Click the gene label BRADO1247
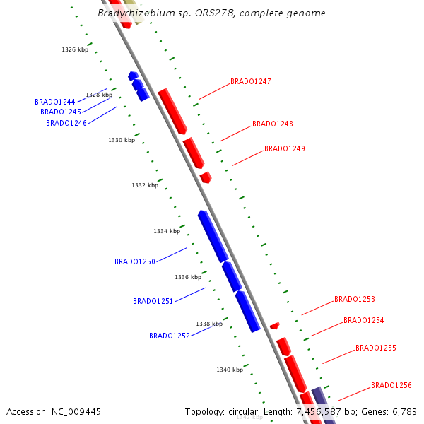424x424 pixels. [250, 81]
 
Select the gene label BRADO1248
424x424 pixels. [272, 124]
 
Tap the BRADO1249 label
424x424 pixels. [284, 148]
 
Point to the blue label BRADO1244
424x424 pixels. [54, 102]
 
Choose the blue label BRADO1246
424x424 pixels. [66, 123]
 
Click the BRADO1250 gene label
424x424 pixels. [134, 261]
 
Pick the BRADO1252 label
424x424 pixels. [169, 336]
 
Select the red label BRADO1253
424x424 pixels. [354, 299]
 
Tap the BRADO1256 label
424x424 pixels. [391, 385]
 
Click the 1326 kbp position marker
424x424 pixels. [75, 49]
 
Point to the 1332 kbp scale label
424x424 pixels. [144, 185]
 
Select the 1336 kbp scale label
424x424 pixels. [188, 277]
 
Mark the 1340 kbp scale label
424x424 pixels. [230, 370]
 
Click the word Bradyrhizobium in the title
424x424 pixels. [131, 13]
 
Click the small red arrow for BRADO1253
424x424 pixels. [274, 326]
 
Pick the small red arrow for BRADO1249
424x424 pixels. [206, 177]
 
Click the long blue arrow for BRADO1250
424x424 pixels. [213, 236]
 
